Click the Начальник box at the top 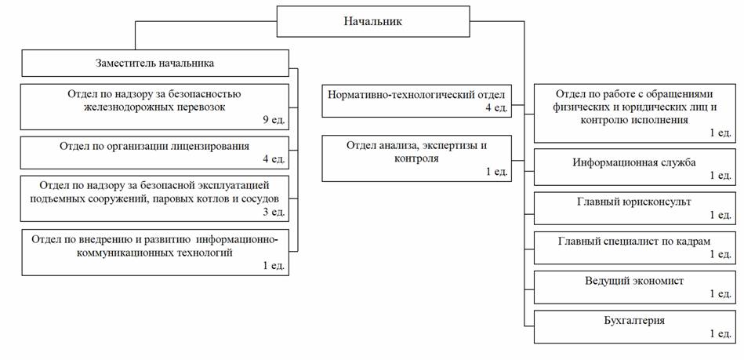373,21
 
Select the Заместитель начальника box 155,64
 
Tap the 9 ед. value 274,120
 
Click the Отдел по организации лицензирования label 154,146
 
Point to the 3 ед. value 274,212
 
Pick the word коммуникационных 96,253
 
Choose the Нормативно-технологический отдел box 416,101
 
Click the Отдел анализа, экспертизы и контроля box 416,158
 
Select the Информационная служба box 634,167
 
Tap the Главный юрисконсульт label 634,202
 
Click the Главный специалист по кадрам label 634,242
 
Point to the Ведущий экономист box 634,287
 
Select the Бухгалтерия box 634,327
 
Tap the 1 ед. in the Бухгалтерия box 720,334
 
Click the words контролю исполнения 634,120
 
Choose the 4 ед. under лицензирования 274,159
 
